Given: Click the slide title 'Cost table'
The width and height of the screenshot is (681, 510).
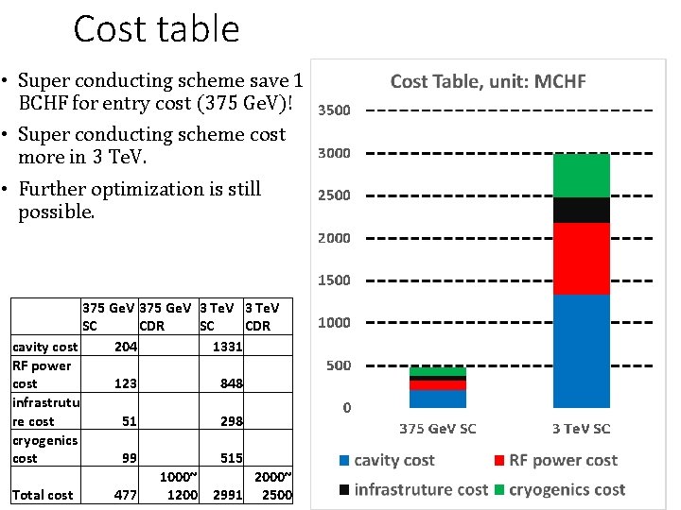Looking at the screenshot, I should click(x=156, y=29).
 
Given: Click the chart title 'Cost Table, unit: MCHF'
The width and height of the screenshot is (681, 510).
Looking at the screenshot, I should click(x=488, y=81).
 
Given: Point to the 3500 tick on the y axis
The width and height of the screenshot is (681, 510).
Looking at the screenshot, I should click(x=333, y=110).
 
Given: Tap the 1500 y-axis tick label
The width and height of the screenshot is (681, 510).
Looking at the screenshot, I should click(x=333, y=280).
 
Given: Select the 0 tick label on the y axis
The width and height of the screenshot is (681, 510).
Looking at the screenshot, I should click(x=346, y=408).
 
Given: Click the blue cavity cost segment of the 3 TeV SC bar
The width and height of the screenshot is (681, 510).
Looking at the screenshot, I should click(x=581, y=350).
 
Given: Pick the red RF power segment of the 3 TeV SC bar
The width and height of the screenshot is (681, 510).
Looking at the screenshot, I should click(x=581, y=259).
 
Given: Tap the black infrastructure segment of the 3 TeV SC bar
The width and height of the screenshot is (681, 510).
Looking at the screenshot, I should click(x=581, y=210).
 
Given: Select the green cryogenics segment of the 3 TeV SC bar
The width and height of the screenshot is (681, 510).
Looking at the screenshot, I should click(x=581, y=175).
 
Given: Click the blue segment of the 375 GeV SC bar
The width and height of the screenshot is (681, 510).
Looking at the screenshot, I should click(x=437, y=399).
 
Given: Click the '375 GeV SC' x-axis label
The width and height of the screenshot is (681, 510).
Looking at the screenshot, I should click(x=437, y=429).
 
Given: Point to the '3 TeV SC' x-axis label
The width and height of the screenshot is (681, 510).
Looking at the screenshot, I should click(x=581, y=429).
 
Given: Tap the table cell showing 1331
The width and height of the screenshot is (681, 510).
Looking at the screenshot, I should click(x=227, y=347).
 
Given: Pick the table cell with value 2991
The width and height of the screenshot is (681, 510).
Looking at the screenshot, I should click(x=227, y=495).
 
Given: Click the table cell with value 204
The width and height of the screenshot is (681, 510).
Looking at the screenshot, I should click(x=125, y=347).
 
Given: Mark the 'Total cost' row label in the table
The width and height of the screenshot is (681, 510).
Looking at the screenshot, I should click(x=43, y=495).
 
